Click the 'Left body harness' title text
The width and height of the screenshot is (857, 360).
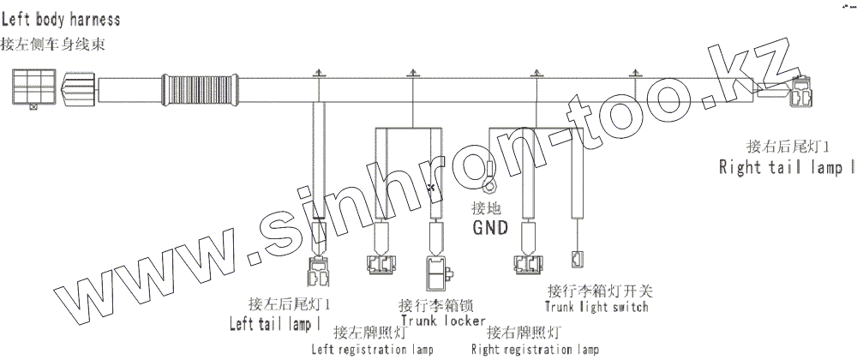point(60,18)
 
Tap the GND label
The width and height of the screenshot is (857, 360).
point(491,229)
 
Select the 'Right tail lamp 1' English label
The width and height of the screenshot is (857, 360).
point(786,167)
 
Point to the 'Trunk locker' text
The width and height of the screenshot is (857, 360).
point(437,321)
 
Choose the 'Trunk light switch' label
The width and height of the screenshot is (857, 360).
point(596,306)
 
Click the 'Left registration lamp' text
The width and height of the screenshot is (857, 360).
point(372,349)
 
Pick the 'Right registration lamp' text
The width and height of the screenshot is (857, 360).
point(535,349)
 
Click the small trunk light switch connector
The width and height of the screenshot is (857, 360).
point(577,258)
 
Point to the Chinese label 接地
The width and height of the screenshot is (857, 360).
point(485,208)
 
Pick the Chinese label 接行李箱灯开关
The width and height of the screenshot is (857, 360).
point(597,291)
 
